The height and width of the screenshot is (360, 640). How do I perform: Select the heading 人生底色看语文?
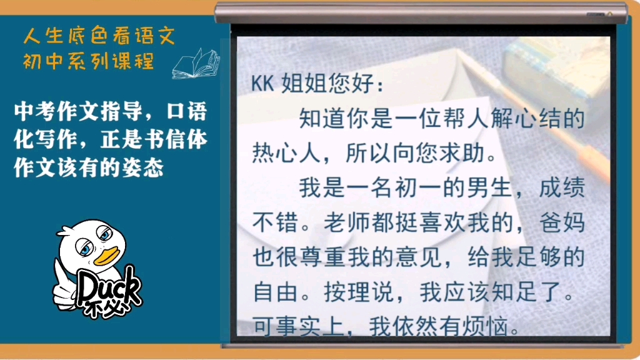tap(99, 36)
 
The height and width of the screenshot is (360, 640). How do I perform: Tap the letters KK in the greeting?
tap(263, 84)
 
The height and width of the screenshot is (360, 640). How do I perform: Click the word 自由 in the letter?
tap(276, 292)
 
